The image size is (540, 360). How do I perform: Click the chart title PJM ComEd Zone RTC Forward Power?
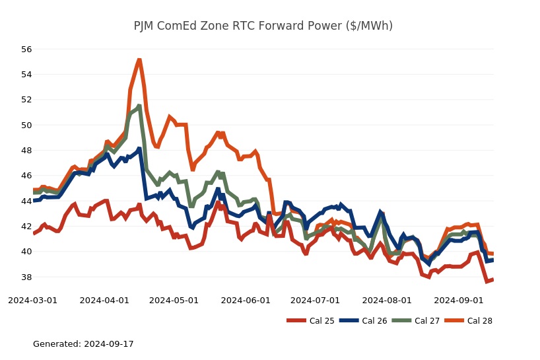click(x=263, y=26)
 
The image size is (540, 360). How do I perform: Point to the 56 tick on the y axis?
click(x=26, y=50)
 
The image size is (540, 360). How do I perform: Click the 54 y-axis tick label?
click(x=26, y=75)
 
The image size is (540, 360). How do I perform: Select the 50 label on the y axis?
click(x=26, y=125)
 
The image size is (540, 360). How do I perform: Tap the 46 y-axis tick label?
click(x=26, y=176)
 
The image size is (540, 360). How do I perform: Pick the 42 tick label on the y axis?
click(x=26, y=226)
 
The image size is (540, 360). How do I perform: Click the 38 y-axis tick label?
click(x=26, y=277)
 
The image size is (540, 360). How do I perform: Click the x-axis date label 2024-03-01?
click(x=32, y=300)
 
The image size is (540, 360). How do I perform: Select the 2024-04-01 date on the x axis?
click(x=104, y=300)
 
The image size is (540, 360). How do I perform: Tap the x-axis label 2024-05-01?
click(x=174, y=300)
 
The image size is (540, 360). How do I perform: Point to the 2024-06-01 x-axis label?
click(x=246, y=300)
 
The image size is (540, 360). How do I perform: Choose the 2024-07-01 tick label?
click(x=315, y=300)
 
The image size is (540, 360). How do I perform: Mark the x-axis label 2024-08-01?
click(x=387, y=300)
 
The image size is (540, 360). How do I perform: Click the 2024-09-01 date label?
click(x=458, y=300)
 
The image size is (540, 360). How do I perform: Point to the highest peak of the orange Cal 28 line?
click(x=139, y=60)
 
